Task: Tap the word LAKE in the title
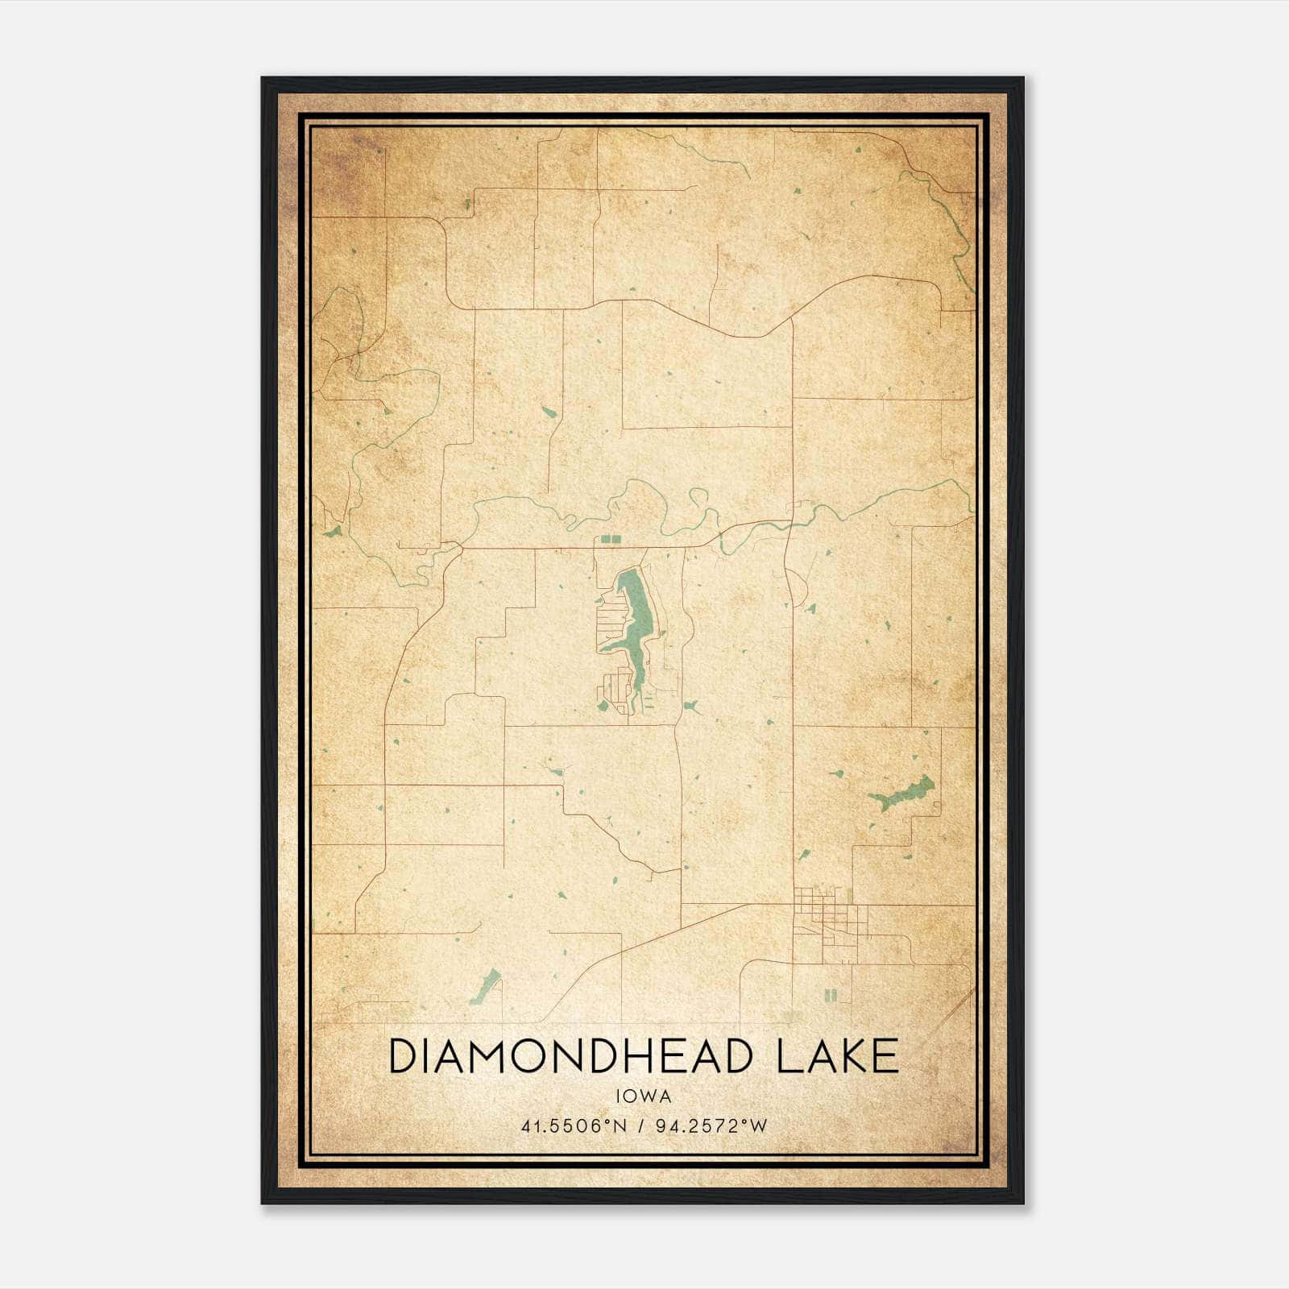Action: click(x=837, y=1056)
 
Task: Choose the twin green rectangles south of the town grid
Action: click(x=831, y=996)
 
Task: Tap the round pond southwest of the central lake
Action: click(x=602, y=707)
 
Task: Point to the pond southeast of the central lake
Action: click(x=691, y=707)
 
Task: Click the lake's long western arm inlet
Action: click(x=612, y=644)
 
